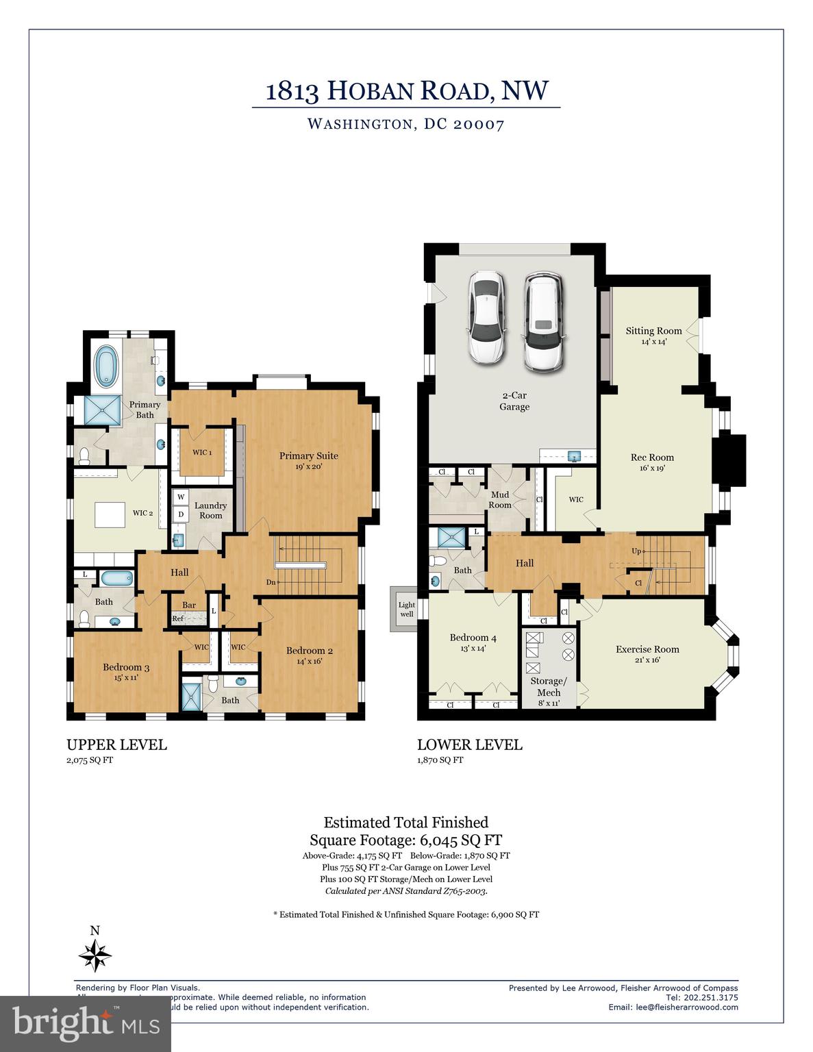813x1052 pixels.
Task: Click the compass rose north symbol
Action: pos(95,954)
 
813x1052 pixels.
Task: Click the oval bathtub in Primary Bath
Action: pos(106,366)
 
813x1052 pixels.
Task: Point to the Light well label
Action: pos(407,609)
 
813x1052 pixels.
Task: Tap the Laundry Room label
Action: pos(210,510)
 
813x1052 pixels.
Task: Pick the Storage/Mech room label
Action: pos(549,687)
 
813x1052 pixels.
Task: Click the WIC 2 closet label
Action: pos(142,513)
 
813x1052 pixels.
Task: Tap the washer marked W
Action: pos(181,497)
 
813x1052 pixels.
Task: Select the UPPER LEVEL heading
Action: pos(116,744)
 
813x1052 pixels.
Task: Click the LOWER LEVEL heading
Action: pos(470,744)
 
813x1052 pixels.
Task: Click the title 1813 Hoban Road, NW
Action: pos(407,91)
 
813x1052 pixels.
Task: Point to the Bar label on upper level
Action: pos(189,605)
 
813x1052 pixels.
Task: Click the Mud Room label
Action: pos(500,499)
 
